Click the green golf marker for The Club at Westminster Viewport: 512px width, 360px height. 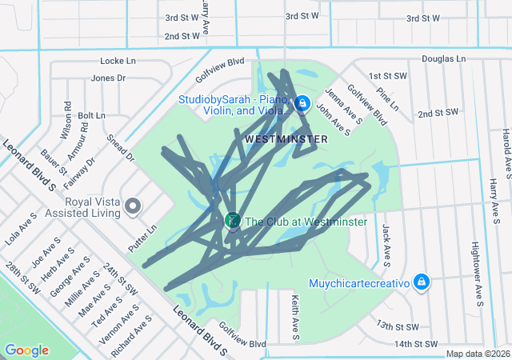tap(233, 220)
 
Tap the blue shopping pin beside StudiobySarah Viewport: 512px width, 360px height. tap(302, 104)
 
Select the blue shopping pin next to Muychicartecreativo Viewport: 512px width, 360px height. tap(421, 282)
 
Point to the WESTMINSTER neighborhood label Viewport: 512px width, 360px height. tap(286, 139)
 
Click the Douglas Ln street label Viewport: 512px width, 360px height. tap(443, 59)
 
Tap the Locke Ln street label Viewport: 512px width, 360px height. tap(118, 61)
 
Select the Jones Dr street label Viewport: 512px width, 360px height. tap(109, 78)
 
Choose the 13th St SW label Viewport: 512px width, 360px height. tap(398, 326)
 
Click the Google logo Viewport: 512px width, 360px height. tap(26, 350)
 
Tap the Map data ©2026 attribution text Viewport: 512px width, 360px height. tap(477, 354)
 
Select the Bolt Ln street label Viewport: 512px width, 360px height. tap(91, 115)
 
